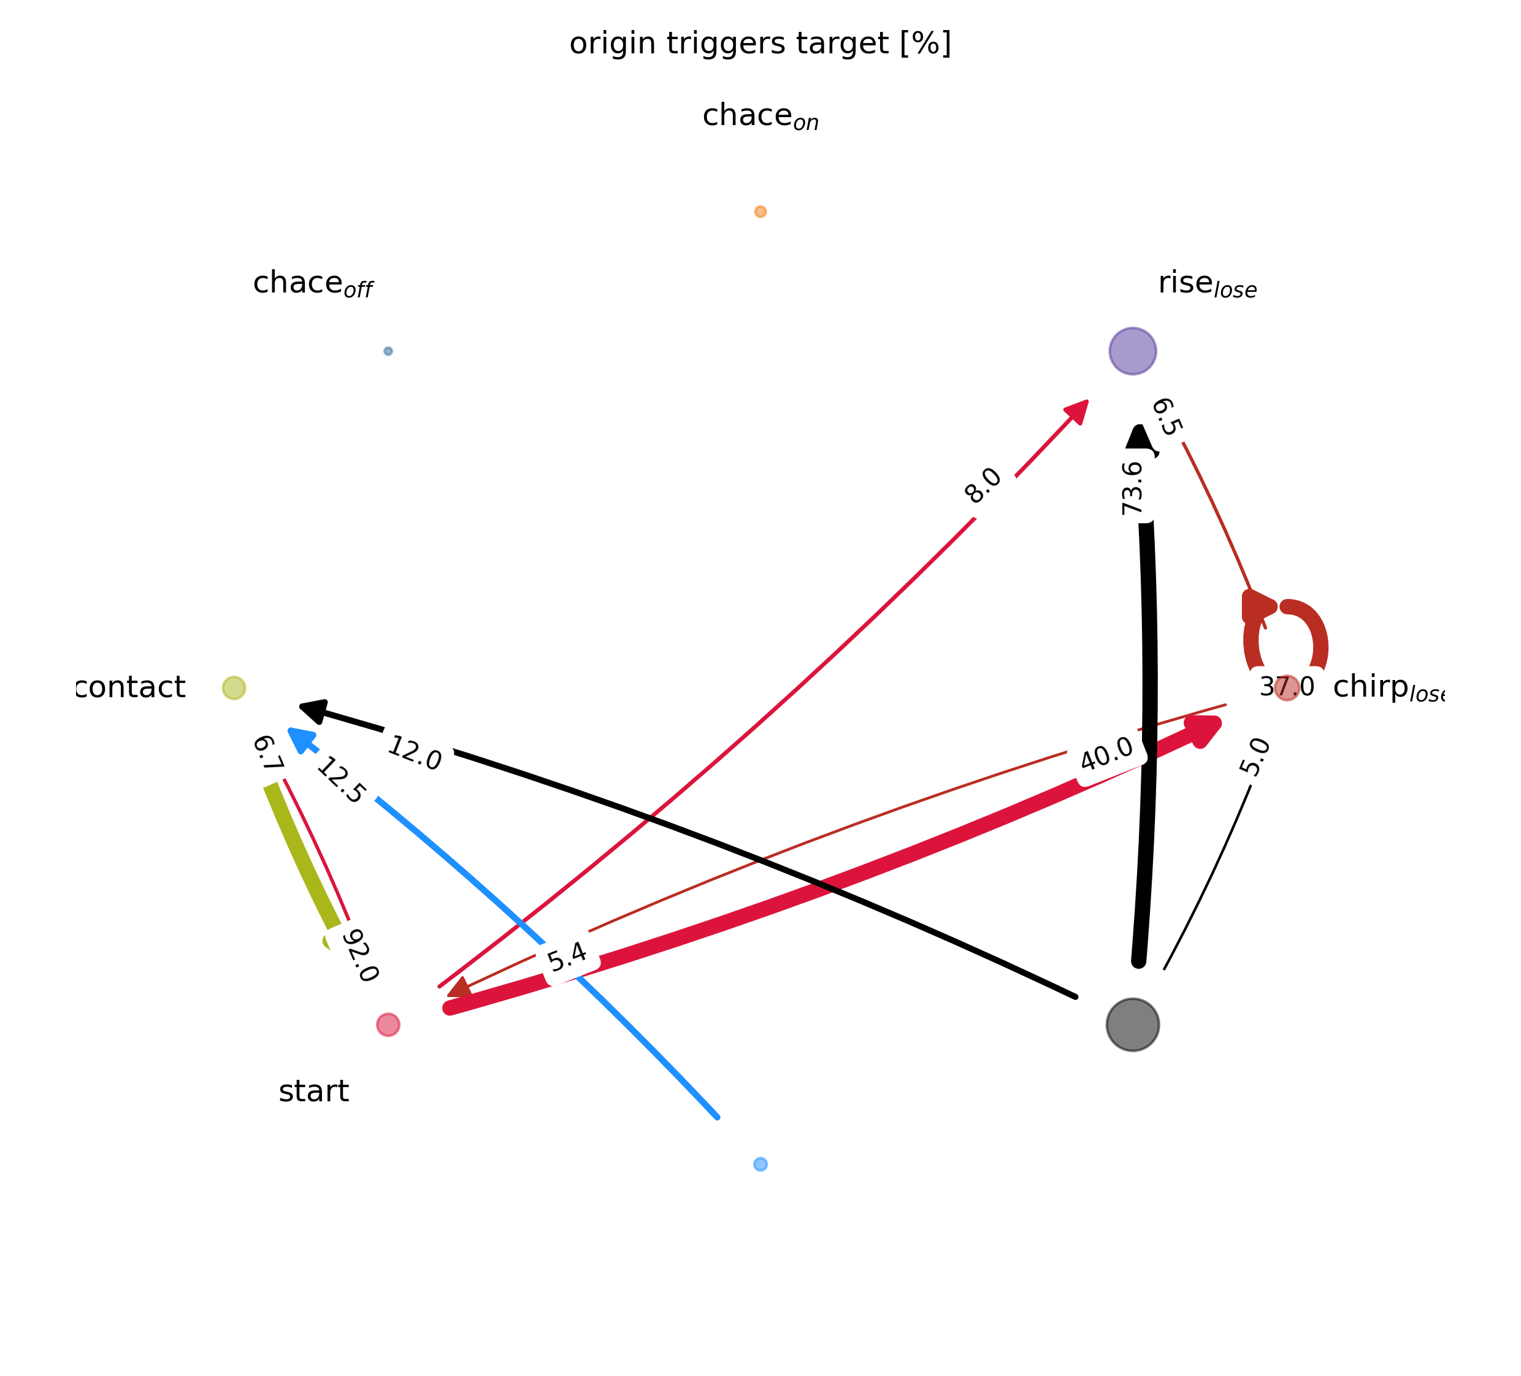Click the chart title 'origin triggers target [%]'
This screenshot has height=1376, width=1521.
[x=760, y=44]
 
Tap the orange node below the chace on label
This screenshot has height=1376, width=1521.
[x=760, y=211]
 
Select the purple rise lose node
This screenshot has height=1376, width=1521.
[x=1132, y=351]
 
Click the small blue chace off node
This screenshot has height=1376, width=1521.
[x=388, y=351]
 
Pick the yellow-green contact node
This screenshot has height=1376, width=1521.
[x=234, y=687]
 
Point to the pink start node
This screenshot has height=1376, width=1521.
[x=388, y=1025]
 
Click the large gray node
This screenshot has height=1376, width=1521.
[x=1132, y=1025]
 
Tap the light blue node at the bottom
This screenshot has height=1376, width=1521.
[x=760, y=1164]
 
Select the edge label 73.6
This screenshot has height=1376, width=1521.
[x=1132, y=488]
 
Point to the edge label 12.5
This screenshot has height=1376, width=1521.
[x=341, y=781]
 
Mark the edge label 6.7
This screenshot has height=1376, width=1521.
[x=266, y=753]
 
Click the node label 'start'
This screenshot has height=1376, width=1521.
[x=313, y=1091]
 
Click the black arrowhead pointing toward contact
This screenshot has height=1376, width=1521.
[x=312, y=708]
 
